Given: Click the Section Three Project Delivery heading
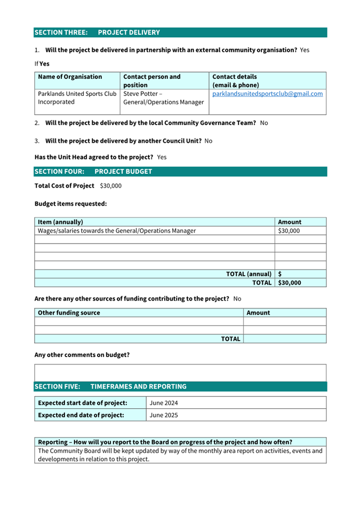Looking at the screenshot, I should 97,33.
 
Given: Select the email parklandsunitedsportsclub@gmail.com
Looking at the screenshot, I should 267,94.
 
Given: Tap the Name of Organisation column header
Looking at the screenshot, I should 70,77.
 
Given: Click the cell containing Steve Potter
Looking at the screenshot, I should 163,98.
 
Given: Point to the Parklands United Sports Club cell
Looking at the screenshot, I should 77,98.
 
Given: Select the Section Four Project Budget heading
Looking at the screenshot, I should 93,172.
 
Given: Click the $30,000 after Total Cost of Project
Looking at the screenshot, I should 110,185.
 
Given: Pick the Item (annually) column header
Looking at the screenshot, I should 60,222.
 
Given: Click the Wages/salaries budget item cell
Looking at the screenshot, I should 117,231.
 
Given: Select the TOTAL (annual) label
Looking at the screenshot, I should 249,274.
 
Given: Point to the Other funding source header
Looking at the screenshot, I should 69,313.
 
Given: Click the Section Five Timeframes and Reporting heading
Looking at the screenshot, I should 110,386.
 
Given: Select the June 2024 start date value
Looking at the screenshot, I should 164,403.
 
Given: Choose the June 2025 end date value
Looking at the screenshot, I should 164,415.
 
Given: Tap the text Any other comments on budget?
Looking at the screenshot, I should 82,354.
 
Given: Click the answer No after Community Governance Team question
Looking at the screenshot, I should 264,123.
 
